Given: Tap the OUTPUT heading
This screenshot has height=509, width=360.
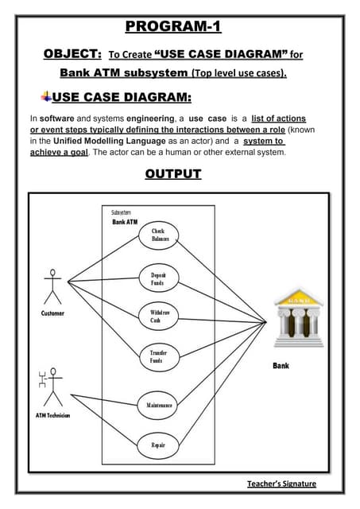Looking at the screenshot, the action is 172,173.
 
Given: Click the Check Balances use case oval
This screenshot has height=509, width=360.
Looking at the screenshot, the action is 159,235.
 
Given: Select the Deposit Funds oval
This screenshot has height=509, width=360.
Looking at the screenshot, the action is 159,278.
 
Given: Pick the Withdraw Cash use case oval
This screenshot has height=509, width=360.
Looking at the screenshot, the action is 159,316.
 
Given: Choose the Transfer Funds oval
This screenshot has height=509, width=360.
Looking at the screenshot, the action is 159,356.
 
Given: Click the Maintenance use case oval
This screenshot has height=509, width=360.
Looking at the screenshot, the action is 159,405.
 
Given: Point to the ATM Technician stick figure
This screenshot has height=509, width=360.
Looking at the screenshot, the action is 50,387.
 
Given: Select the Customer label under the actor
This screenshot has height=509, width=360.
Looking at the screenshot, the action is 53,313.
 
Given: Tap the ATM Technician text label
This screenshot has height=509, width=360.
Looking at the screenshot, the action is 52,415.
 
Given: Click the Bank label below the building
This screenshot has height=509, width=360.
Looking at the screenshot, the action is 281,366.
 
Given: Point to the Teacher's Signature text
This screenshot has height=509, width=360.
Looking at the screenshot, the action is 281,484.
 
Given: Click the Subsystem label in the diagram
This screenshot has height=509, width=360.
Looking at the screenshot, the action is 121,212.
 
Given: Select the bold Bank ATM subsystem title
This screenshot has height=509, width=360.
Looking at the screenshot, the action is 125,222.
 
